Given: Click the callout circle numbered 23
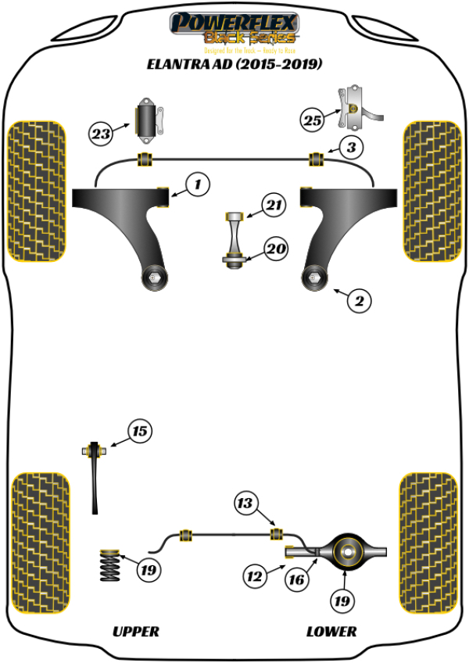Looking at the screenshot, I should pos(101,134).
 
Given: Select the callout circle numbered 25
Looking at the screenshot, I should pos(312,120).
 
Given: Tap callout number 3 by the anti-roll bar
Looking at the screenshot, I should pos(353,147).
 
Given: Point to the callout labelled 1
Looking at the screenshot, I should pos(198,185).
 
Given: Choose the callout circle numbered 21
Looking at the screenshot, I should pos(272,206).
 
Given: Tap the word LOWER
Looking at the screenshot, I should pos(331,631).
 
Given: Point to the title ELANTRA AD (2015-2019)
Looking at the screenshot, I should pos(234,65).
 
